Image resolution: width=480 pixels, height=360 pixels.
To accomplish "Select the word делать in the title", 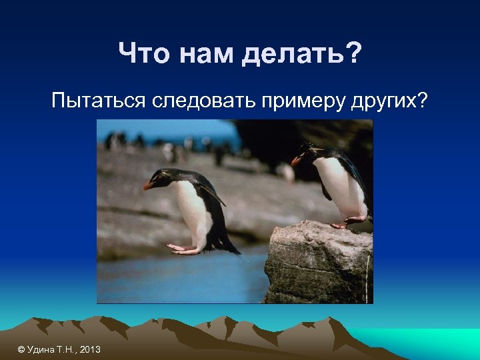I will pyautogui.click(x=292, y=54).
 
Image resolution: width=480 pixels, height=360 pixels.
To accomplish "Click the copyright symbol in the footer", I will pyautogui.click(x=21, y=349).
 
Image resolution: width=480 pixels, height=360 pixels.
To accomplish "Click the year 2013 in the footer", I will pyautogui.click(x=89, y=349).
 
